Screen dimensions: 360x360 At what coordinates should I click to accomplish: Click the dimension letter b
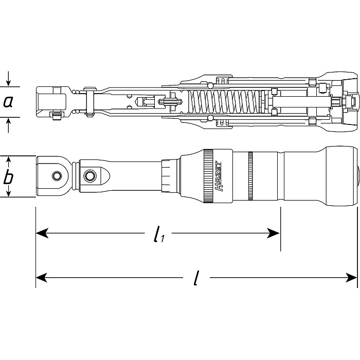coord(8,178)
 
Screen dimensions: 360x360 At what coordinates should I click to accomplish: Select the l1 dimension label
coord(158,235)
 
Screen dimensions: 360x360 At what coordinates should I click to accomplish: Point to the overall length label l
coord(196,279)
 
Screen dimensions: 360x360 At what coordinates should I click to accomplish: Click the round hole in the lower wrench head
coord(55,176)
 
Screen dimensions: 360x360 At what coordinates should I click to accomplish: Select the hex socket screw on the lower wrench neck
coord(90,176)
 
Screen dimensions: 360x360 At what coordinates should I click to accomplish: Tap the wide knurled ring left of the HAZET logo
coord(208,177)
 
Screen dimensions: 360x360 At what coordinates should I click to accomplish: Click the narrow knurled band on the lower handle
coord(250,177)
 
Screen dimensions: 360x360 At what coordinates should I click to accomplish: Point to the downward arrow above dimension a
coord(8,81)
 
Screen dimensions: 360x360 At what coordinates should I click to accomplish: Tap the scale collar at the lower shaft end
coord(169,177)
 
